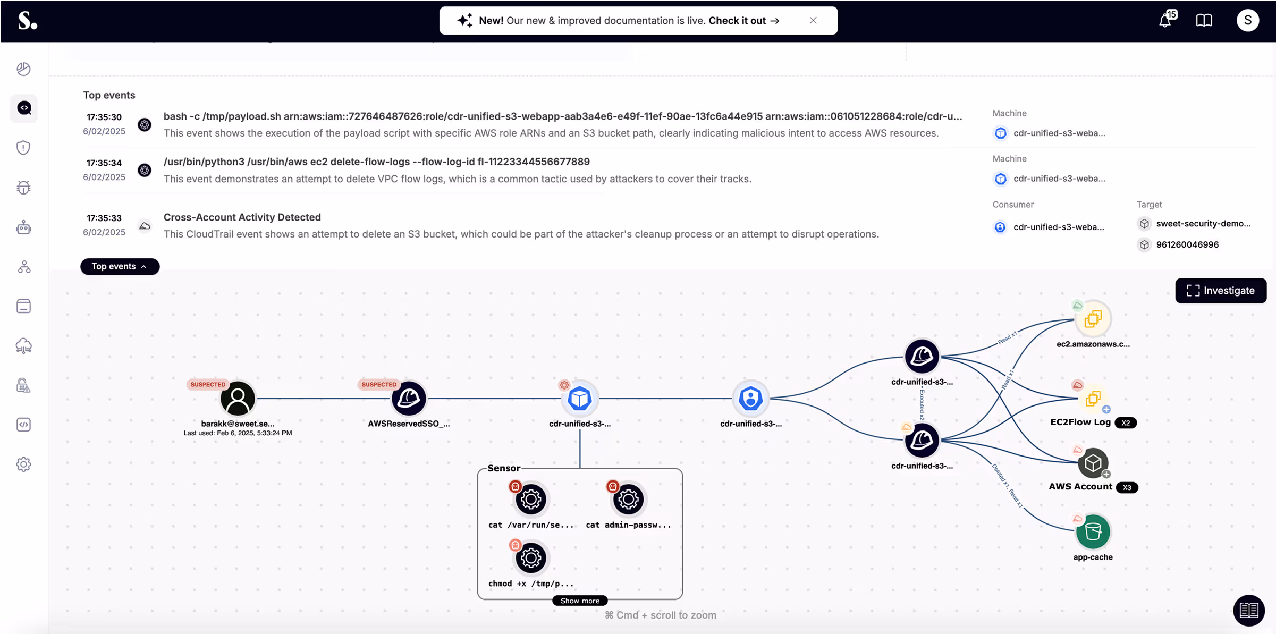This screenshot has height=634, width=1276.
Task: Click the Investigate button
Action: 1220,291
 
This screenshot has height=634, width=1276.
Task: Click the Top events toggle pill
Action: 120,266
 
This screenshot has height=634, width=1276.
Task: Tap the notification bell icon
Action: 1165,21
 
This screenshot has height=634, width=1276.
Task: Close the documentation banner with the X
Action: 813,20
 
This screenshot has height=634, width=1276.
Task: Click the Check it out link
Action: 743,21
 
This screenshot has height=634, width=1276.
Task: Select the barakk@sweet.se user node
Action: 238,399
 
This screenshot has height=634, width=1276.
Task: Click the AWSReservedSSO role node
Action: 409,399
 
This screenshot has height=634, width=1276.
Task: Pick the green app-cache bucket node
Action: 1093,531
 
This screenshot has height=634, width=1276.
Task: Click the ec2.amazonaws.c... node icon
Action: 1093,319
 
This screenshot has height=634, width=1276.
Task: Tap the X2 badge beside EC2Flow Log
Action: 1125,423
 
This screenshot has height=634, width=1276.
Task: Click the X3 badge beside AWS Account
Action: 1127,487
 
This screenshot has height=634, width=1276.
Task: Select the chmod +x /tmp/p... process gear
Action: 530,558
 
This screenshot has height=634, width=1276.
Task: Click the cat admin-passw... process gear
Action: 628,500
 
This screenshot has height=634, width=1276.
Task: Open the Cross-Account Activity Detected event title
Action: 242,217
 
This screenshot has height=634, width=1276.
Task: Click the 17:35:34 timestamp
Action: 104,163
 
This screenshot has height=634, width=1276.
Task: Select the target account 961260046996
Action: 1187,244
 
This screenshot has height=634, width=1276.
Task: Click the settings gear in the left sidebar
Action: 23,464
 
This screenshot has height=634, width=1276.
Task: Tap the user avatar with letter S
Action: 1247,21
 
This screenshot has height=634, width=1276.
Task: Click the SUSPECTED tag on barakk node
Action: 208,384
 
